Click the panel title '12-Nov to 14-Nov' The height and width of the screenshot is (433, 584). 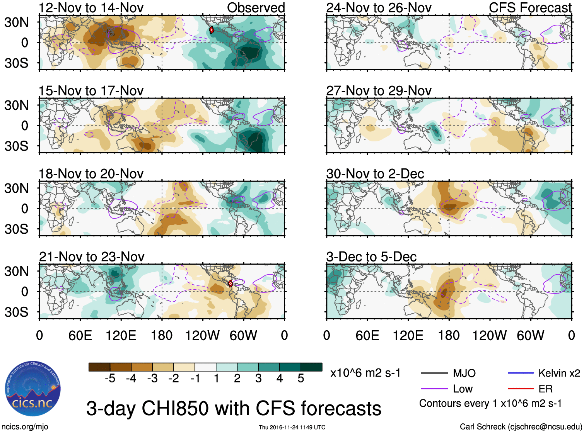point(91,8)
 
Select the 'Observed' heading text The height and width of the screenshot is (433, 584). point(256,8)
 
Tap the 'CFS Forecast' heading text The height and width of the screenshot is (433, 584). point(530,8)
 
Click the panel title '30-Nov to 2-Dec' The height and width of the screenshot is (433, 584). point(375,174)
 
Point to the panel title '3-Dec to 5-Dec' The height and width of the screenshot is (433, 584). point(371,257)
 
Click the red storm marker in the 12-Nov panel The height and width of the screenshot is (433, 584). point(212,30)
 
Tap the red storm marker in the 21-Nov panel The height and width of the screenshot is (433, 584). point(231,284)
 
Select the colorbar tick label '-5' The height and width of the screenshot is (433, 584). point(110,379)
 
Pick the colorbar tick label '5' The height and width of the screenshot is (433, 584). point(301,379)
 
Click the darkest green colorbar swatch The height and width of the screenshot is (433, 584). point(311,367)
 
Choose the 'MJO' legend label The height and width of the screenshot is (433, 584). point(464,373)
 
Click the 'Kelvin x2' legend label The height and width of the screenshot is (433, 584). point(559,373)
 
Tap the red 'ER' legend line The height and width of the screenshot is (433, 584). point(521,389)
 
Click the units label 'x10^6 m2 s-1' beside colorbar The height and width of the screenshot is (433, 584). point(365,373)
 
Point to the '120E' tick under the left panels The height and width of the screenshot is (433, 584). point(121,335)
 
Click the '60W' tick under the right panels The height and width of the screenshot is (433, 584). point(530,335)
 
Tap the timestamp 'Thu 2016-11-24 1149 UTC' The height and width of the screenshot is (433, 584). point(292,427)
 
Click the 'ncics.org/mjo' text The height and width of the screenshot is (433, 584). point(25,427)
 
